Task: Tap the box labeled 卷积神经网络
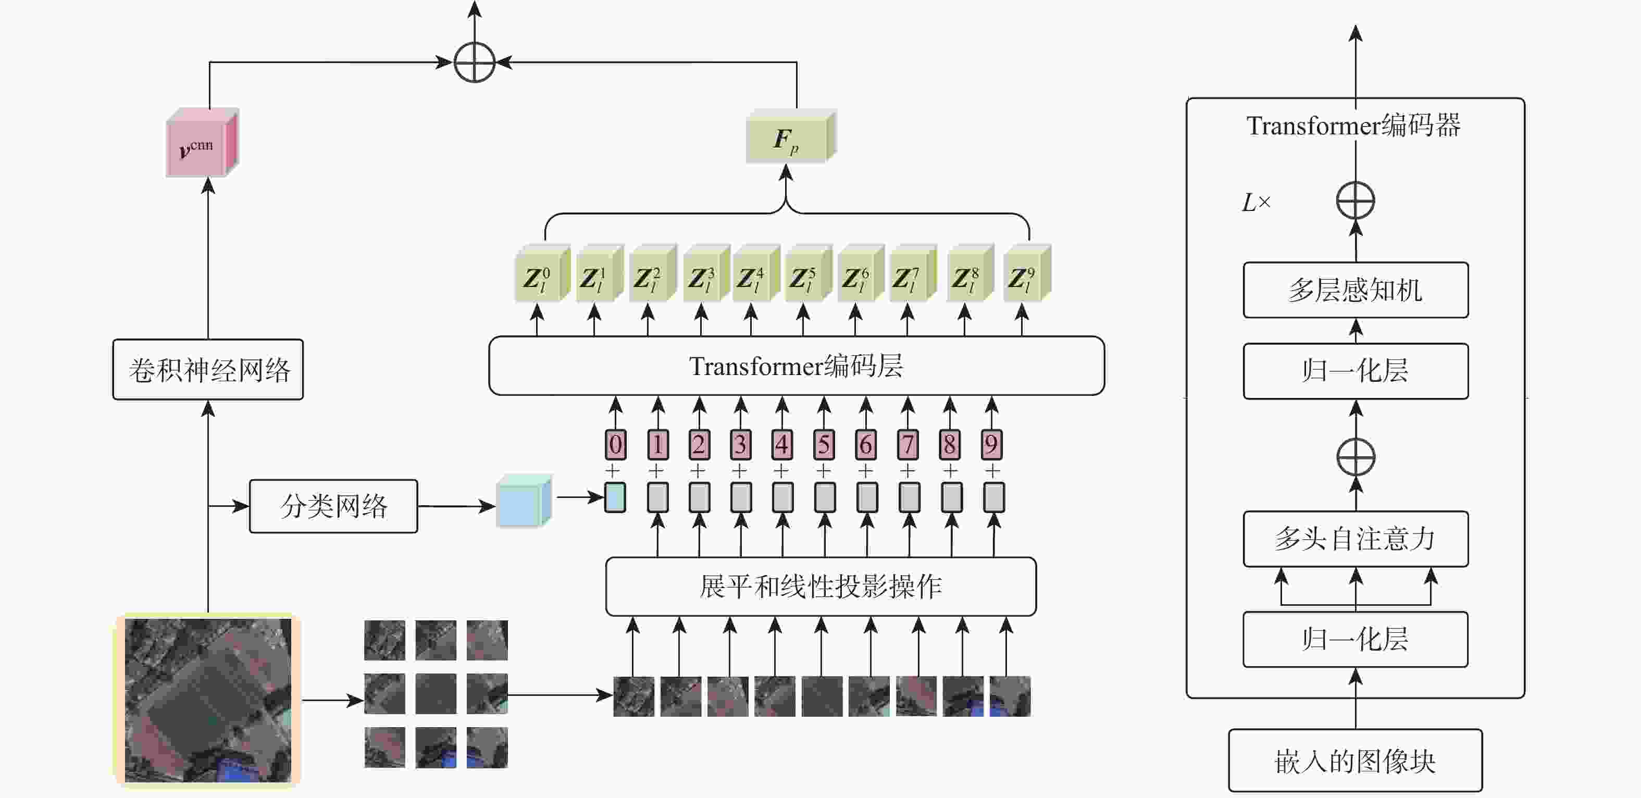click(x=208, y=369)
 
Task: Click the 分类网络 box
click(x=333, y=506)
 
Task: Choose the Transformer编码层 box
click(x=797, y=366)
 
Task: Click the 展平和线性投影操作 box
click(x=820, y=587)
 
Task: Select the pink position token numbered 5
click(x=824, y=444)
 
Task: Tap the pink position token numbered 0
click(x=615, y=444)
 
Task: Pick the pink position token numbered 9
click(x=991, y=444)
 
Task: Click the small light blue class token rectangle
click(x=615, y=497)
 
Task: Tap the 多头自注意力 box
click(x=1356, y=539)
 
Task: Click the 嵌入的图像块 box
click(x=1355, y=760)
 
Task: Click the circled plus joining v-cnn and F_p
click(x=475, y=63)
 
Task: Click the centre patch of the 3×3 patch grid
click(x=436, y=693)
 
